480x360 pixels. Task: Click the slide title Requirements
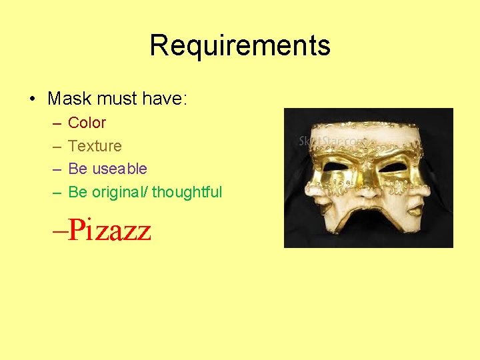(240, 46)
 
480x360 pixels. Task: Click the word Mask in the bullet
(70, 99)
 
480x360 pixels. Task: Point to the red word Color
(87, 123)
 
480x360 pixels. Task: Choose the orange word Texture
(95, 146)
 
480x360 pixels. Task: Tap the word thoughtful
(187, 192)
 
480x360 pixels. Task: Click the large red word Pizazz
(109, 229)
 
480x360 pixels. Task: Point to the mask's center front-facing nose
(367, 193)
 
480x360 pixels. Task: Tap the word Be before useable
(77, 169)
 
